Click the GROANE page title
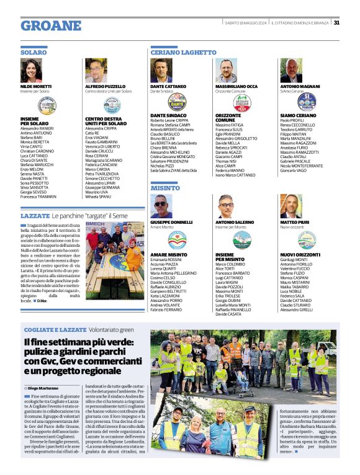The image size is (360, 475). [51, 26]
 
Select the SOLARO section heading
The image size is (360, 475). [34, 53]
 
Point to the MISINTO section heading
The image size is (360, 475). [165, 187]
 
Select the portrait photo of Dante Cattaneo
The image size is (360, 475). [161, 71]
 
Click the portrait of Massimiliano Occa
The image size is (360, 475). [227, 71]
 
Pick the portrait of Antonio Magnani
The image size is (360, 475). [290, 71]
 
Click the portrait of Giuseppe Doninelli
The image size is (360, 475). [161, 206]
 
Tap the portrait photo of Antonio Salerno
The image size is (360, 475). [227, 206]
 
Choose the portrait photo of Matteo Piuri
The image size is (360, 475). [290, 206]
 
